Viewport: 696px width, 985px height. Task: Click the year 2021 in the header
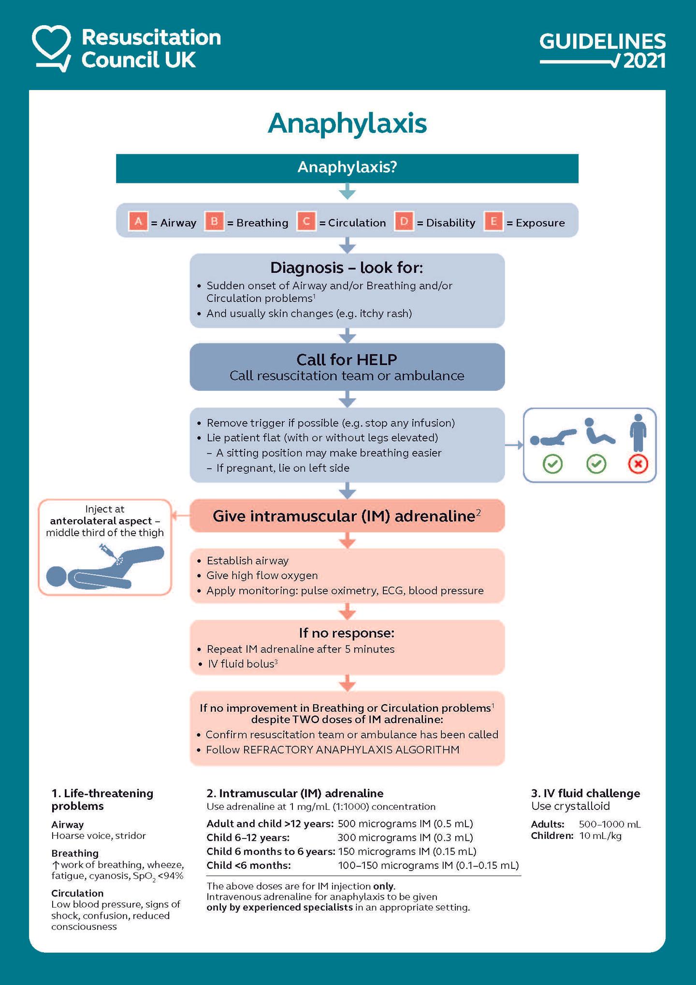[644, 61]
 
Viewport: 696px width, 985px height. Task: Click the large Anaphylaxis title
[347, 123]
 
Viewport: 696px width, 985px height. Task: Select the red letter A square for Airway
[138, 222]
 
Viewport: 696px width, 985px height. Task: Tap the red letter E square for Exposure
[493, 222]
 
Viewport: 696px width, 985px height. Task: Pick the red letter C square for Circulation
[306, 222]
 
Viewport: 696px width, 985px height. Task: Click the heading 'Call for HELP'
[347, 359]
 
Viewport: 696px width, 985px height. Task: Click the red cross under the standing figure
[638, 464]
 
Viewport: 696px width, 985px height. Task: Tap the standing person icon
[638, 433]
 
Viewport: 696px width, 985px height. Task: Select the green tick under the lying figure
[552, 464]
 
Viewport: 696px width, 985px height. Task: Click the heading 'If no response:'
[347, 633]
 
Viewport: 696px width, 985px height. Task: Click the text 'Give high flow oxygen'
[262, 575]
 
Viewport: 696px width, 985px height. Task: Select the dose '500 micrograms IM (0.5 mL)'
[405, 823]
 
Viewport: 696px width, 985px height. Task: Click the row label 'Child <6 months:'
[248, 865]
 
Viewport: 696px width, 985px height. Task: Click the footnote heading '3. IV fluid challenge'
[585, 793]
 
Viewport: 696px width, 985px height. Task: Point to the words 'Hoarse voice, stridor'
[99, 836]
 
